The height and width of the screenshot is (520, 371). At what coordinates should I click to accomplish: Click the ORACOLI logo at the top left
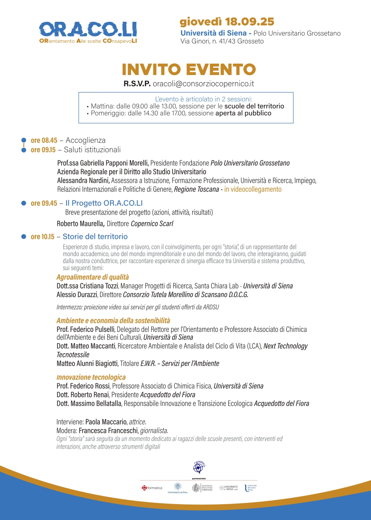[88, 32]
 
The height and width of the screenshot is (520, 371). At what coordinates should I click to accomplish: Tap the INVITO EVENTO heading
[188, 70]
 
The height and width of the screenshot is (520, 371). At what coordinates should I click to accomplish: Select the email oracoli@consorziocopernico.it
[203, 84]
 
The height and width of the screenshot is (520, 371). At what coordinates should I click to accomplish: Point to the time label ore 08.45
[44, 140]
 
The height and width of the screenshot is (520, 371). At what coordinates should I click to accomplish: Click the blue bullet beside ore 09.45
[24, 203]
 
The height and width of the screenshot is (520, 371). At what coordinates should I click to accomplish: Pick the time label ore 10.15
[42, 237]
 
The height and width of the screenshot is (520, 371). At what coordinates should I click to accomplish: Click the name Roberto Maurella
[80, 224]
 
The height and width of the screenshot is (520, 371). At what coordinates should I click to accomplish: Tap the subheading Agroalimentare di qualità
[93, 277]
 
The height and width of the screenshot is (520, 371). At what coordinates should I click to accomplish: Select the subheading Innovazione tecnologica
[91, 377]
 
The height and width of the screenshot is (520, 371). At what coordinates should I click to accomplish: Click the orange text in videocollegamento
[253, 189]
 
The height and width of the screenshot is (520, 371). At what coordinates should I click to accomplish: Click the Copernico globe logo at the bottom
[199, 466]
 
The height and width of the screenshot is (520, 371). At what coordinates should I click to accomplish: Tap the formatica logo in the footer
[152, 488]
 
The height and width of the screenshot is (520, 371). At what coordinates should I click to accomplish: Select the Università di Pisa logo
[178, 488]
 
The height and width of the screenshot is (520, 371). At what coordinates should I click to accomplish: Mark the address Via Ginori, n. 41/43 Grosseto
[222, 41]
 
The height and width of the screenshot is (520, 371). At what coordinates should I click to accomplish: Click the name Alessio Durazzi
[76, 295]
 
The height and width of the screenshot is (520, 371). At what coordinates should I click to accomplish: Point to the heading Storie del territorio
[95, 237]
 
